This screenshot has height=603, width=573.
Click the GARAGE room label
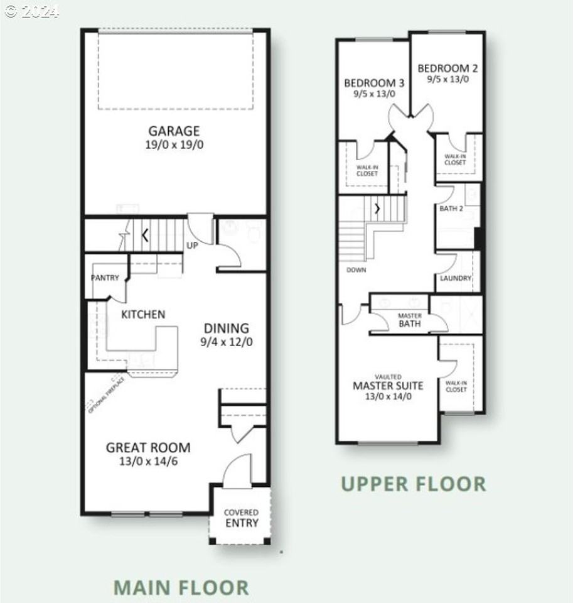[x=174, y=131]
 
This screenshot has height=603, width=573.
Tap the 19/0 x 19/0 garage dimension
[x=174, y=144]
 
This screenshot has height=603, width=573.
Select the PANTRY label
[x=105, y=278]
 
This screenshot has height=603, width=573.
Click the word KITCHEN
[x=143, y=314]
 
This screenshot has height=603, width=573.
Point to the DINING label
[x=227, y=328]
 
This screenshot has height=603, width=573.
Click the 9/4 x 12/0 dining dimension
[x=227, y=342]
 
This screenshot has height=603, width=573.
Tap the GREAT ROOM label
[x=148, y=448]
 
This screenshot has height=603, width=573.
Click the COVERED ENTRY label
[x=241, y=518]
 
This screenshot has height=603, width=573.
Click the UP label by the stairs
[x=192, y=245]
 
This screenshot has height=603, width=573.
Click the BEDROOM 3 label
[x=374, y=82]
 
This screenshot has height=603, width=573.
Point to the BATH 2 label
[x=451, y=208]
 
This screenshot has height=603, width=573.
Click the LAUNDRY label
[x=456, y=278]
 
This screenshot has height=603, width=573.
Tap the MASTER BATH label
[x=410, y=320]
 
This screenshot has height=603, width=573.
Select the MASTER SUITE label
[x=388, y=385]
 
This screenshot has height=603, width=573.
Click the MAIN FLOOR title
[x=181, y=587]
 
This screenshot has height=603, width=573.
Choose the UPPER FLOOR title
[x=413, y=484]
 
